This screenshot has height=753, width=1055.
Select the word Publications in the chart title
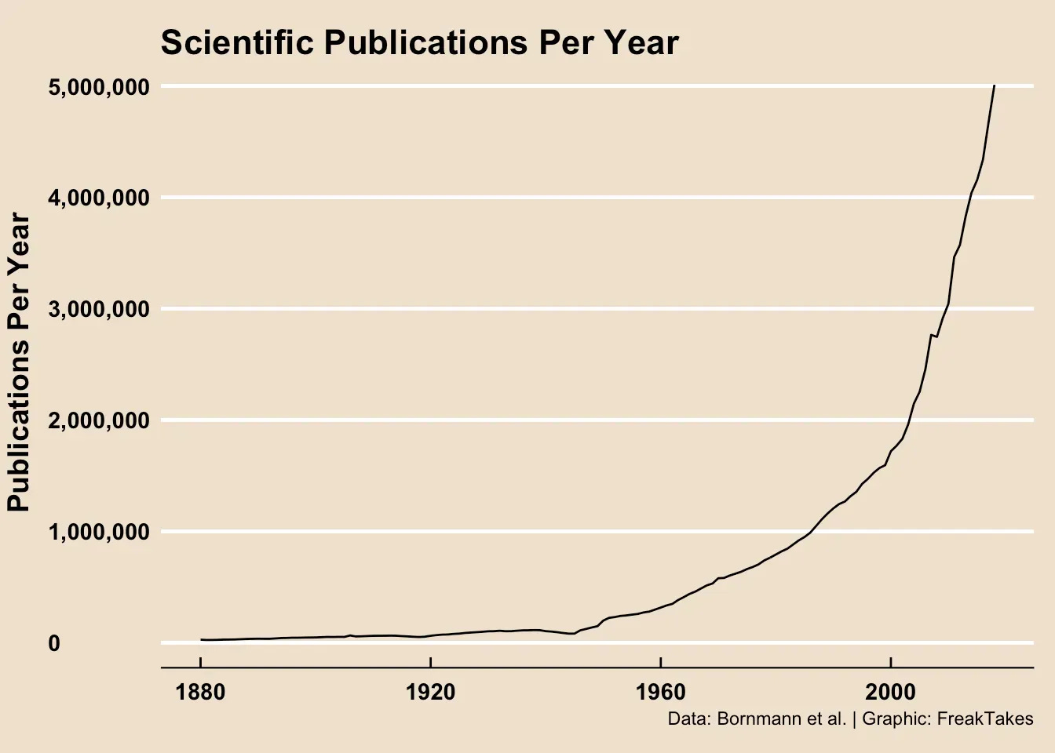(x=426, y=43)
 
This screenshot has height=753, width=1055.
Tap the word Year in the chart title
(x=644, y=43)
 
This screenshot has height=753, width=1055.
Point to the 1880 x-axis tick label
(x=201, y=693)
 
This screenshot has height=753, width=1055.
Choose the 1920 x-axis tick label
(x=431, y=693)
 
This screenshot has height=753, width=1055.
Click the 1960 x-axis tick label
(x=661, y=693)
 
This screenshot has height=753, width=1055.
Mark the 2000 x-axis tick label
(x=891, y=693)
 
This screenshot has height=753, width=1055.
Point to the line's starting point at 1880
(x=201, y=640)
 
